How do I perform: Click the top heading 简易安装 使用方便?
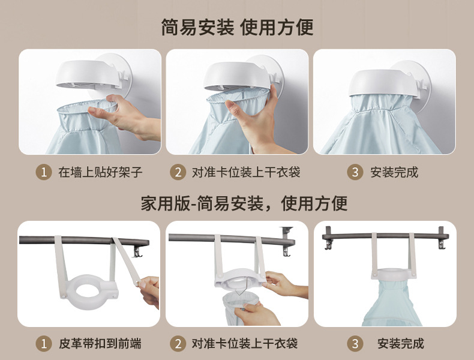click(x=237, y=27)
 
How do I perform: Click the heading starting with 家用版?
click(x=244, y=203)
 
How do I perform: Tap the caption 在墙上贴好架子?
click(x=100, y=172)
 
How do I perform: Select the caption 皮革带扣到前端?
click(x=100, y=344)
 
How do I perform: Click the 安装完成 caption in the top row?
click(x=394, y=172)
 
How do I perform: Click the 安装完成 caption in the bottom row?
click(x=401, y=344)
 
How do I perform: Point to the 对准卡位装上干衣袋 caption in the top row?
click(x=246, y=172)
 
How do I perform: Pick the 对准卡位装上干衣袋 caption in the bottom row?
click(x=245, y=344)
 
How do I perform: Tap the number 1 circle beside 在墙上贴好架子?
click(x=44, y=172)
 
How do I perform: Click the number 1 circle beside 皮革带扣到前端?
click(x=44, y=344)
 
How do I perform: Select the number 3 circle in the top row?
click(x=355, y=172)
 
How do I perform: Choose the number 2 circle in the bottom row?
click(x=178, y=344)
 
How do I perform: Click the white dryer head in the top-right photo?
click(x=383, y=83)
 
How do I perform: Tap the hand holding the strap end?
click(x=149, y=291)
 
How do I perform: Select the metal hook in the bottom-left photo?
click(x=137, y=251)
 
